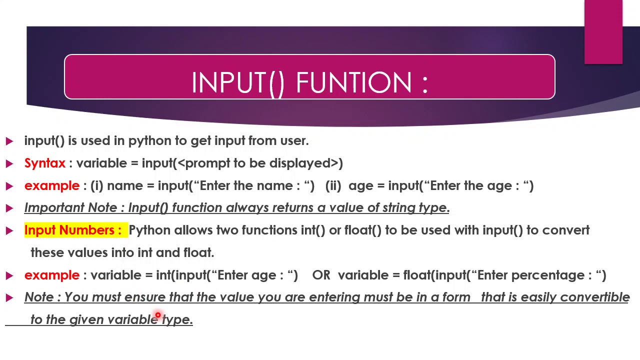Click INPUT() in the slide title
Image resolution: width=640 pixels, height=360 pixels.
tap(237, 82)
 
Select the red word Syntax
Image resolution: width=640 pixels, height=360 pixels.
tap(44, 163)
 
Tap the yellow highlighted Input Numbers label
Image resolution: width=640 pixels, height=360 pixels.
tap(73, 230)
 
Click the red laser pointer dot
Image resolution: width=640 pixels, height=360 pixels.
tap(158, 315)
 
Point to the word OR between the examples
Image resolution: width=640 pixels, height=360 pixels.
tap(321, 275)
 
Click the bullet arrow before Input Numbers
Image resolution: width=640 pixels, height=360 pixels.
tap(9, 230)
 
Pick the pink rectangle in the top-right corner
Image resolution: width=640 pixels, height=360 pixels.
tap(603, 32)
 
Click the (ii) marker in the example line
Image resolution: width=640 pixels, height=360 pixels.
tap(333, 186)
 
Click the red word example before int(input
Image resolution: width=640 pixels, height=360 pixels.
tap(51, 275)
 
